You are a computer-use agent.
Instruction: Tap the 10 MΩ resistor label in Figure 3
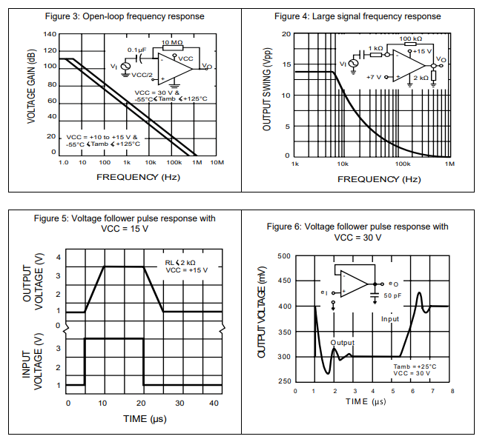pos(171,43)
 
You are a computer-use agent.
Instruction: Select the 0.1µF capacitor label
pos(135,50)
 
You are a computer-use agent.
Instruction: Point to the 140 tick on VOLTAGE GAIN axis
pos(50,35)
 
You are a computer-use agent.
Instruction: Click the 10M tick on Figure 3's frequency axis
pos(217,161)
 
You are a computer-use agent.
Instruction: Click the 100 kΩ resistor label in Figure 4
pos(410,38)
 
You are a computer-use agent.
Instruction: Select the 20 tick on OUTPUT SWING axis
pos(286,35)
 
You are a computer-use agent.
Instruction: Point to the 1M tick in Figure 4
pos(449,163)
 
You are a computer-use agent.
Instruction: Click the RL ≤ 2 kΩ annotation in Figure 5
pos(181,262)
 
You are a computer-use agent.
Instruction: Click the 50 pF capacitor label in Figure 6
pos(392,295)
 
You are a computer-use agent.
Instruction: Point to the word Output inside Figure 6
pos(343,343)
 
